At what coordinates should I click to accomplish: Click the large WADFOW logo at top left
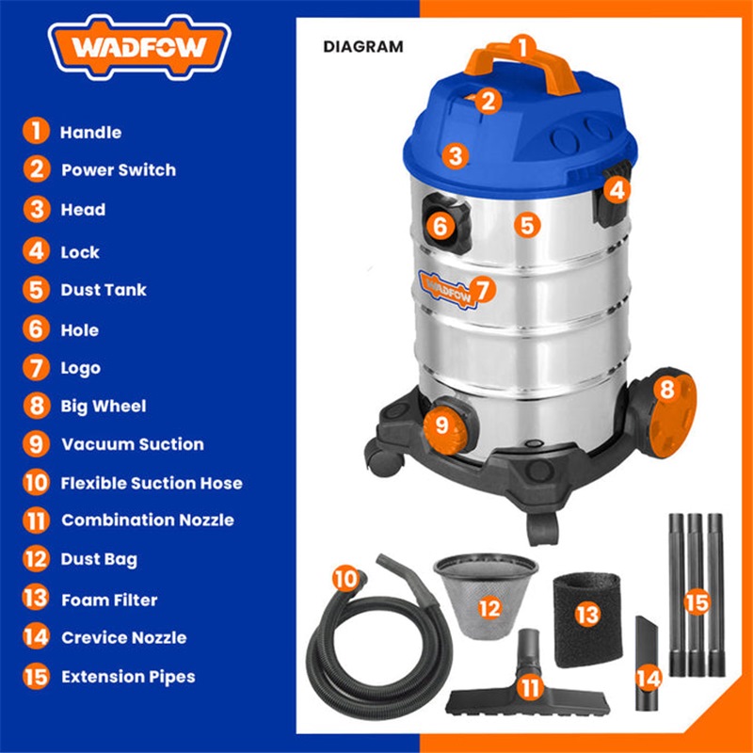tap(139, 47)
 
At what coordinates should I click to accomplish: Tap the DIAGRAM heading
tap(363, 46)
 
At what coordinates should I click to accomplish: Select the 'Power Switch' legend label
tap(119, 170)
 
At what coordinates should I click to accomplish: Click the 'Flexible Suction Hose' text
tap(152, 483)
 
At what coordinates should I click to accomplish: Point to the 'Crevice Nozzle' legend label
tap(124, 638)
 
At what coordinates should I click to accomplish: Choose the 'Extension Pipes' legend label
tap(128, 677)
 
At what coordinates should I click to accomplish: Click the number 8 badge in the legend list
tap(36, 406)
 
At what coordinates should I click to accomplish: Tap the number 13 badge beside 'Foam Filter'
tap(36, 599)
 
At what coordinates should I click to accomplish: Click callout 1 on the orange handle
tap(522, 48)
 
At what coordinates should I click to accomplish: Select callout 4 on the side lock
tap(617, 191)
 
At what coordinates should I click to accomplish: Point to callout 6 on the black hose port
tap(440, 226)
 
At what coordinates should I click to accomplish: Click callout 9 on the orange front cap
tap(441, 425)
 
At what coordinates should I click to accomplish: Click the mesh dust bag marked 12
tap(486, 596)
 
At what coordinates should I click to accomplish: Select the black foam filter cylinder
tap(587, 619)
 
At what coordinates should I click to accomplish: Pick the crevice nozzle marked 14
tap(648, 663)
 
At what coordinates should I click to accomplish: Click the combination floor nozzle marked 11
tap(528, 681)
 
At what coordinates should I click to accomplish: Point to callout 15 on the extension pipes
tap(697, 602)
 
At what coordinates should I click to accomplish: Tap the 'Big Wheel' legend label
tap(104, 407)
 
